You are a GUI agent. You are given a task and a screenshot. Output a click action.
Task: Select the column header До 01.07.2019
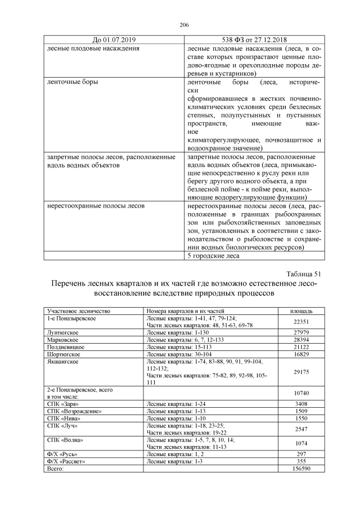pos(114,40)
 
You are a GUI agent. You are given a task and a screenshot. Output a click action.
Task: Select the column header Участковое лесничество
pos(79,310)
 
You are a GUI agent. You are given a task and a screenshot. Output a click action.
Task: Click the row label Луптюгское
pos(64,333)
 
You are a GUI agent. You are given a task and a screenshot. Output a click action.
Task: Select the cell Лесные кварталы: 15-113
pos(174,348)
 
